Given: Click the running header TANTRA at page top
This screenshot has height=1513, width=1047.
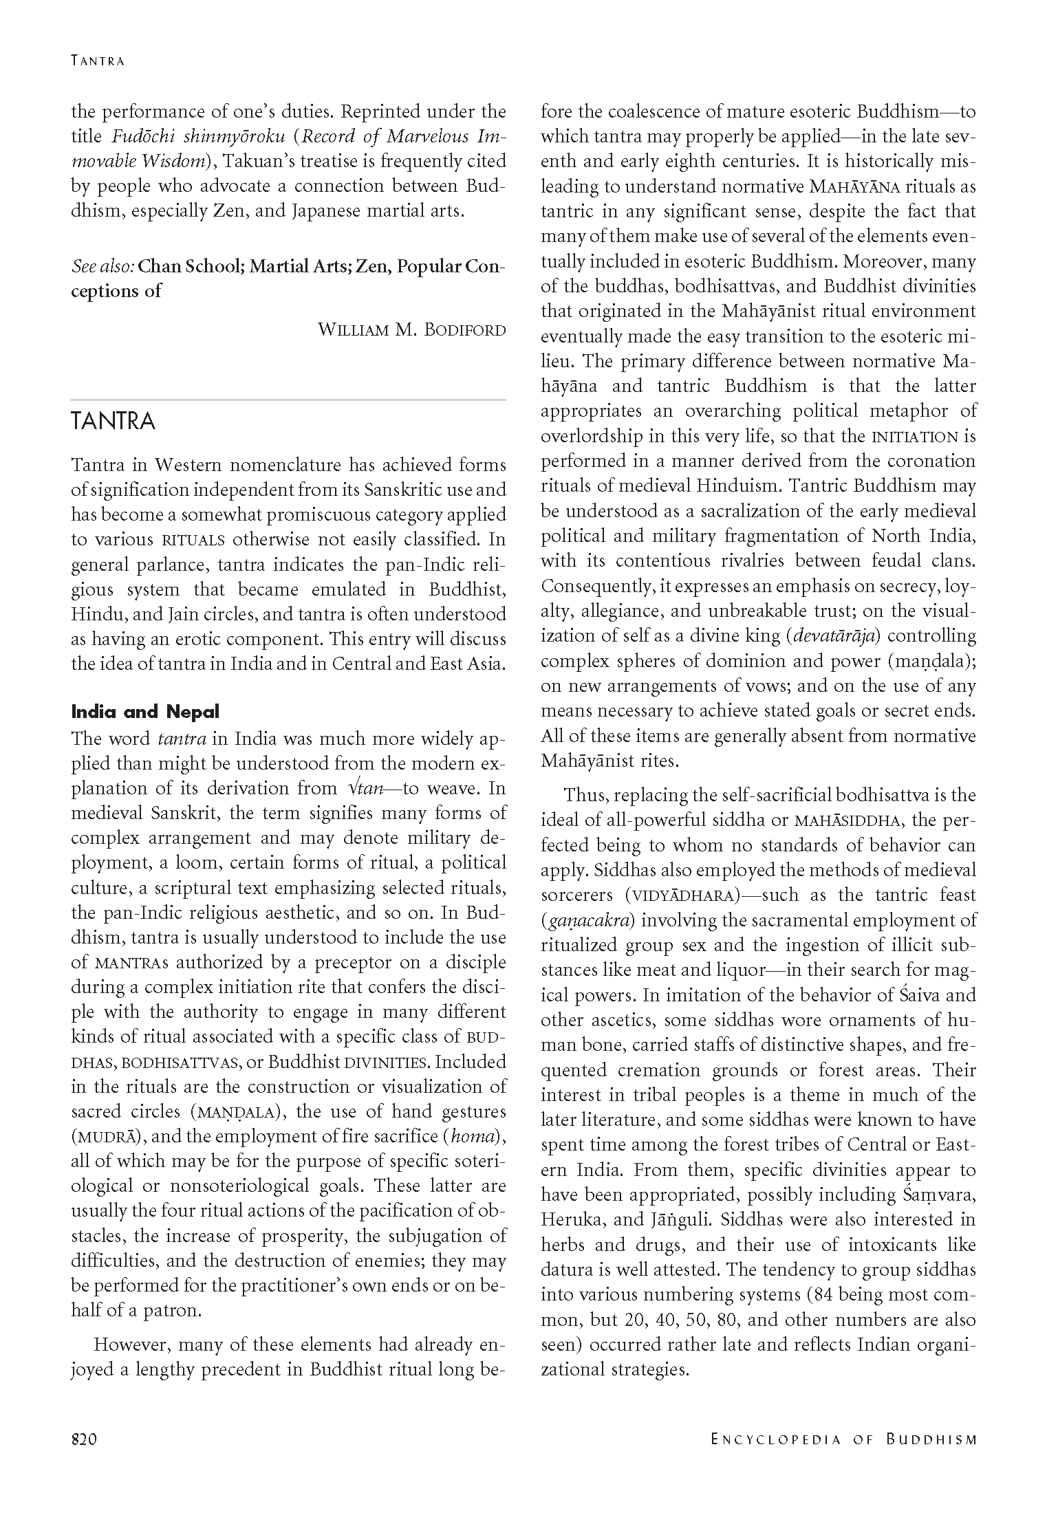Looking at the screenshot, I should coord(98,61).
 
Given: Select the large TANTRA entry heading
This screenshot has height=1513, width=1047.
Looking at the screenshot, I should coord(114,421).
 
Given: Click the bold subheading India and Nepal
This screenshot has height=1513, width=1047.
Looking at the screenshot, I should coord(145,711).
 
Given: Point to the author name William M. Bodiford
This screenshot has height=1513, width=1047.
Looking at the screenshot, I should coord(411,329).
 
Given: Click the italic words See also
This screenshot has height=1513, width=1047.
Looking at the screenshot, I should coord(102,266).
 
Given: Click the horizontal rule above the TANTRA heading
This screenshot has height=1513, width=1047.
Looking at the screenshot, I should coord(288,399).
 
